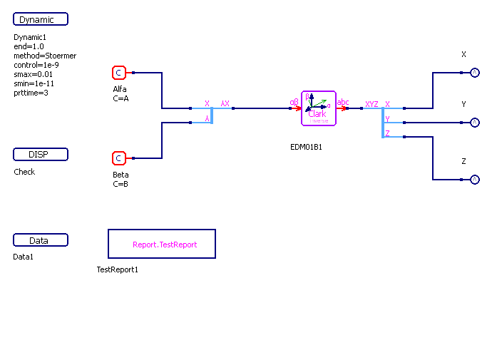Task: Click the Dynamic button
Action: [x=41, y=19]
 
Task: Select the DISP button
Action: [x=41, y=155]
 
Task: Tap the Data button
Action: [x=41, y=240]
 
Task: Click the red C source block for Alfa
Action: [x=119, y=73]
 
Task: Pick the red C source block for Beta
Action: [x=119, y=158]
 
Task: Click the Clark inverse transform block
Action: [x=318, y=108]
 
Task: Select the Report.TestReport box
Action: [x=162, y=244]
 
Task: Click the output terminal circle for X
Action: [x=475, y=72]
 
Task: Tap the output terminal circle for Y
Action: [x=475, y=123]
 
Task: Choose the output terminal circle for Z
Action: [x=475, y=180]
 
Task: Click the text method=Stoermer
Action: [x=45, y=56]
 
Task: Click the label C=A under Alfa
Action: [x=121, y=98]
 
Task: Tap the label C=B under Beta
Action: [x=121, y=184]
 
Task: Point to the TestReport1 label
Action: [x=118, y=269]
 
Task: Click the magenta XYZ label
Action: [x=371, y=104]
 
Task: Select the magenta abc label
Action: [x=343, y=103]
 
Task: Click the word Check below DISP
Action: [x=24, y=172]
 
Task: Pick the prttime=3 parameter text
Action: [x=31, y=93]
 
